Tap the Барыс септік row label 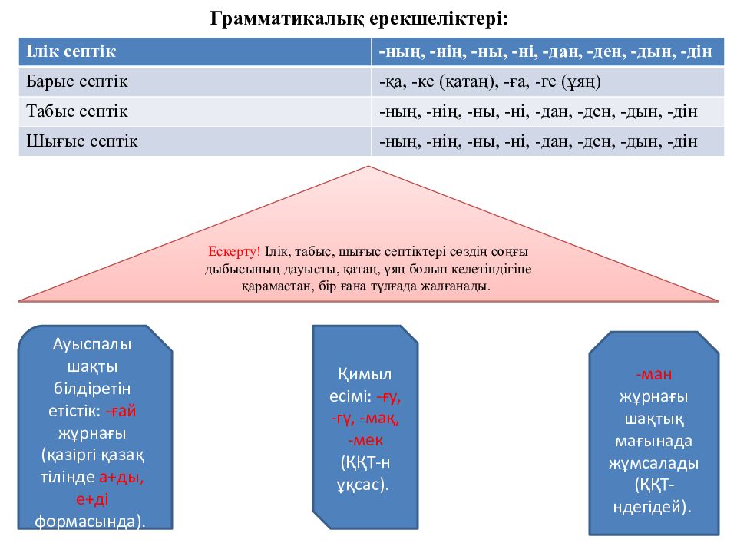coord(77,81)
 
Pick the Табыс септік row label coord(77,111)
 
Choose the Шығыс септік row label coord(82,141)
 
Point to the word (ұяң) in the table coord(581,82)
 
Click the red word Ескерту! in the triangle coord(234,252)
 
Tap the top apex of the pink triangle coord(368,166)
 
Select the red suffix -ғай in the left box coord(121,411)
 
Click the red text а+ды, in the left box coord(121,477)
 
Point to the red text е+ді coord(92,499)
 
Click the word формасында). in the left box coord(90,522)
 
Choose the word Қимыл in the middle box coord(365,375)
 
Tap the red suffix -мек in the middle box coord(365,441)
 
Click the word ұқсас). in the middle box coord(362,485)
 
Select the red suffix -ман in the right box coord(653,375)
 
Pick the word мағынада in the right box coord(653,441)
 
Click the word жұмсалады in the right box coord(653,464)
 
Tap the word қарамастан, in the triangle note coord(278,286)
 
